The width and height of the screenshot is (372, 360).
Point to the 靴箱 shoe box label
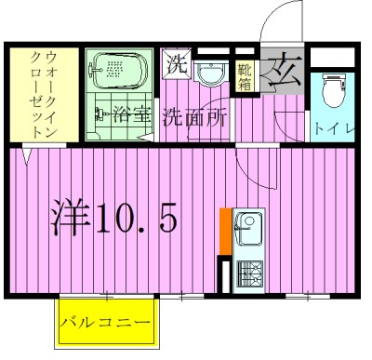click(245, 73)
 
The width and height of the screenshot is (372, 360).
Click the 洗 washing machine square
click(177, 65)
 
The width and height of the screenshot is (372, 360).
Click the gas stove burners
click(249, 273)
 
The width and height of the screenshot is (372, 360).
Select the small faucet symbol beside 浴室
click(100, 117)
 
